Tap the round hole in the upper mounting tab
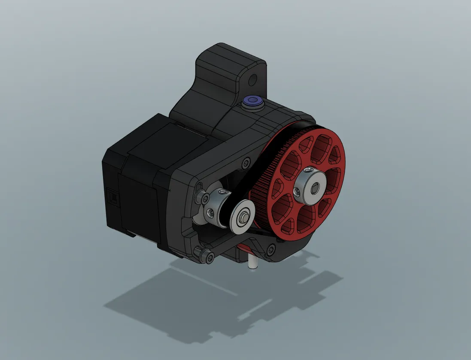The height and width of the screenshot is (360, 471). tap(254, 79)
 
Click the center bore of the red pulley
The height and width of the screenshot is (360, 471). tap(316, 188)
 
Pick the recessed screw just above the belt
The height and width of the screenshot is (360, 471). tap(246, 163)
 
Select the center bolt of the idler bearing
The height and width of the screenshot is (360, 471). tap(243, 218)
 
